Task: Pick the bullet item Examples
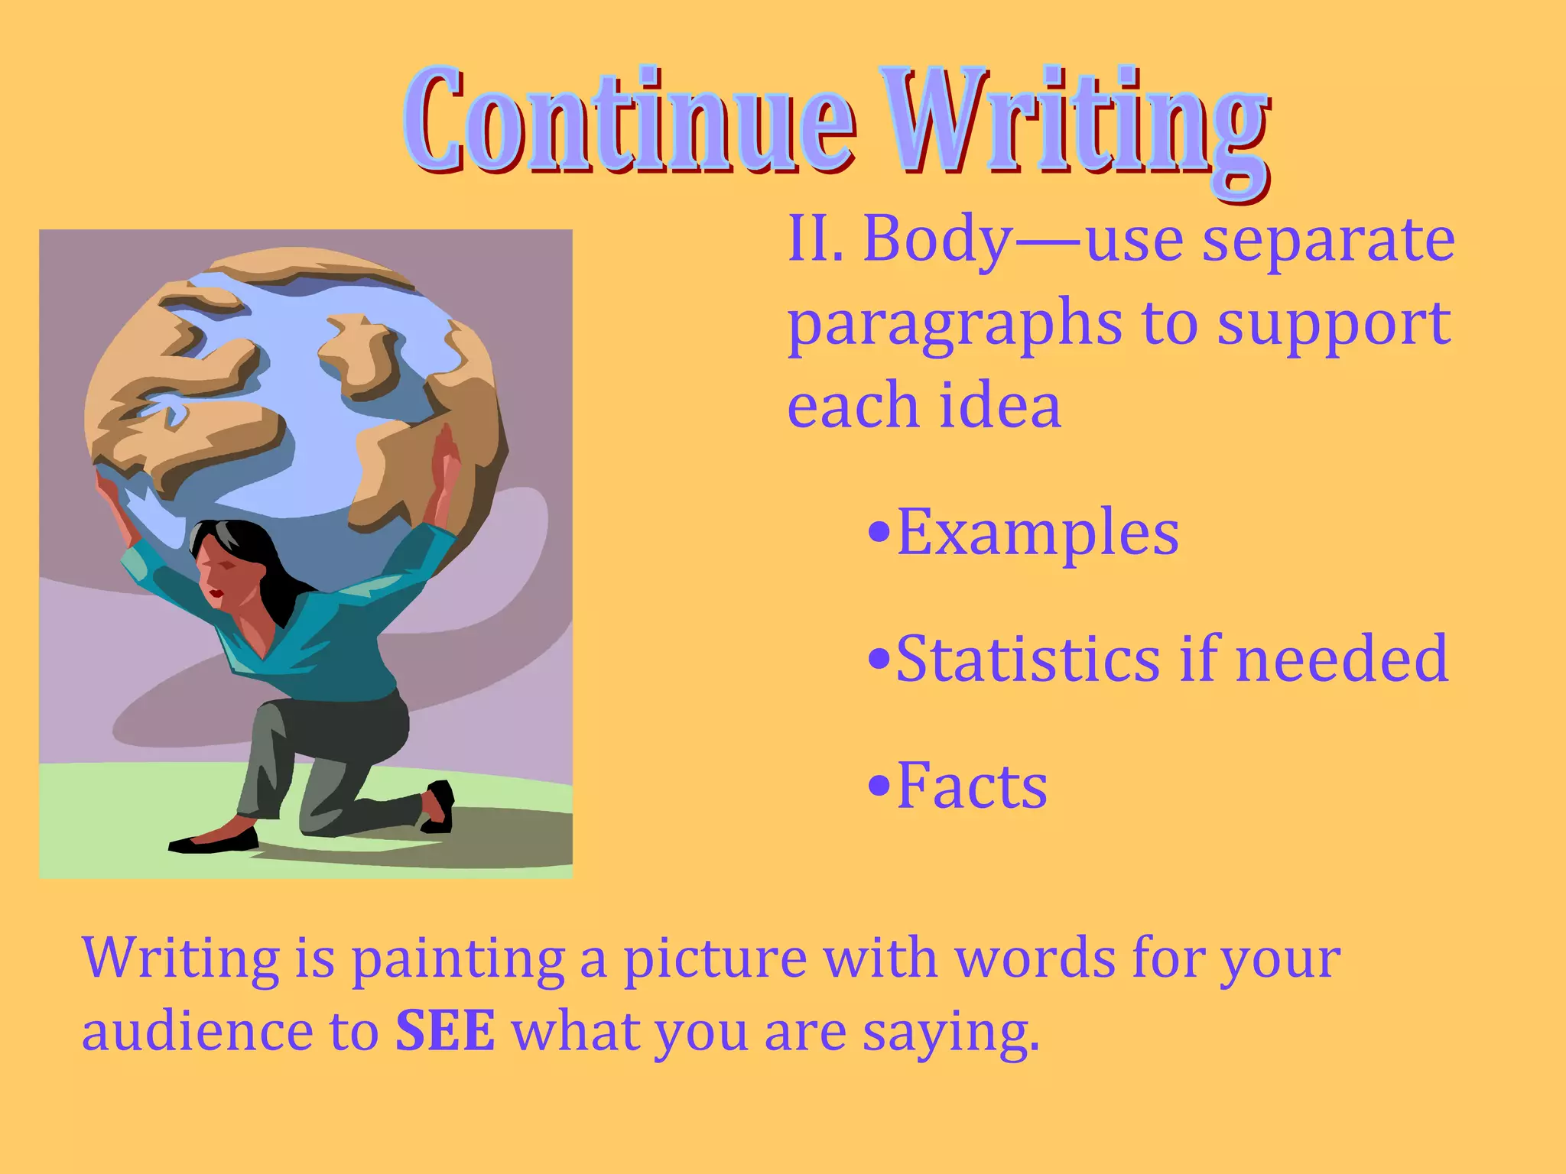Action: click(1037, 533)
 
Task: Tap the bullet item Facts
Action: click(971, 785)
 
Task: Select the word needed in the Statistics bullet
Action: click(1341, 658)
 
